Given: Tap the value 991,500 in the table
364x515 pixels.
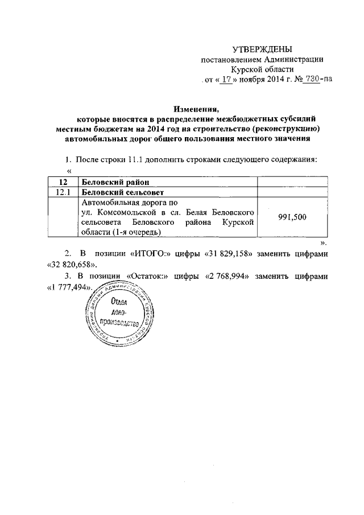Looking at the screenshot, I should tap(293, 217).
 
